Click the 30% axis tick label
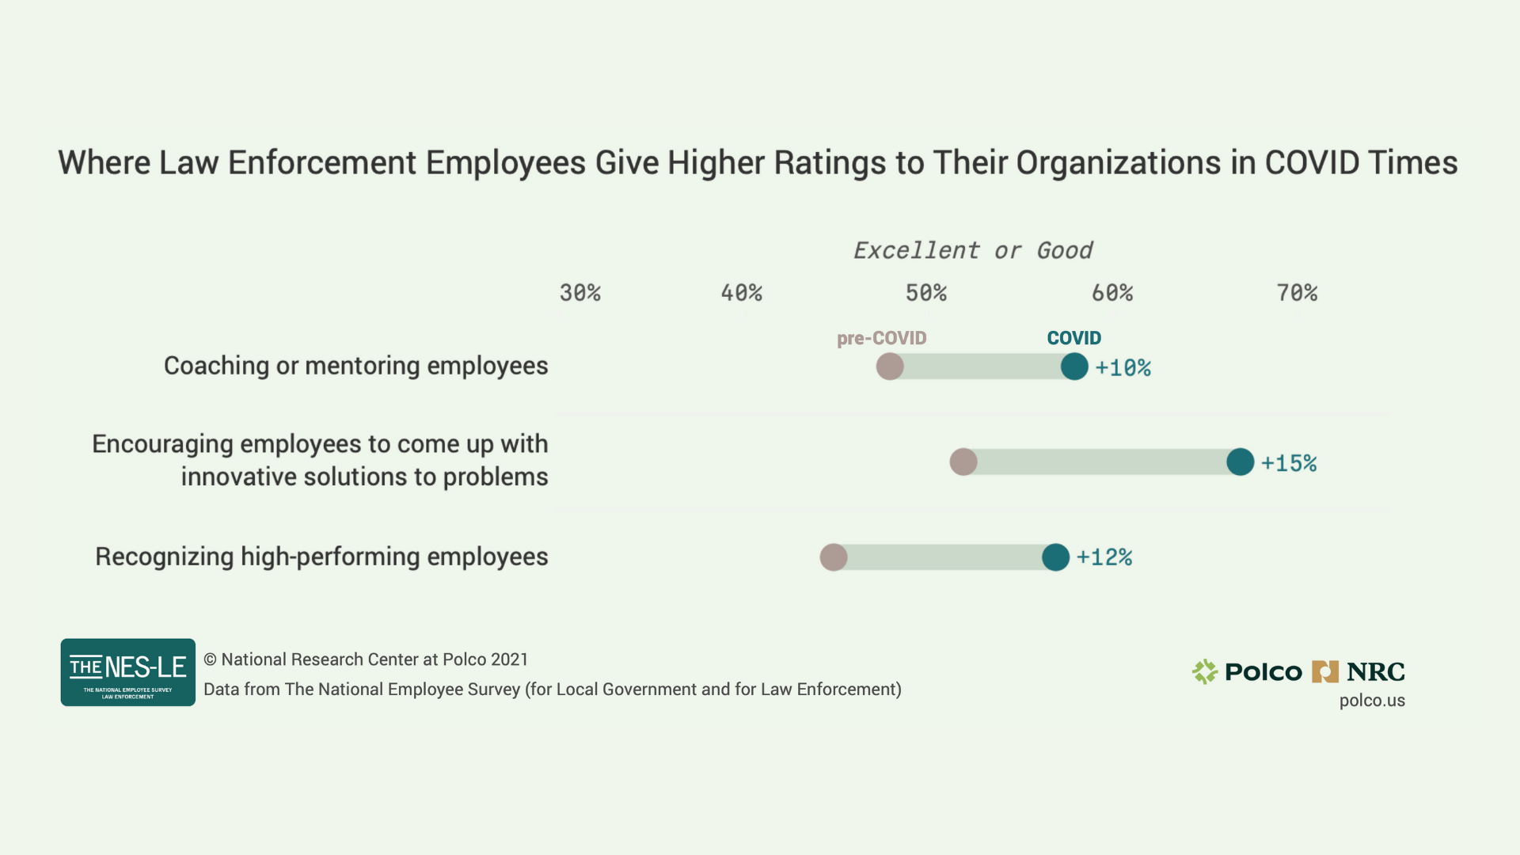pos(579,293)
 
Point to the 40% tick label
pos(741,293)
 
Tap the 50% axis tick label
pos(925,293)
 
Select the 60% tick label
pos(1111,293)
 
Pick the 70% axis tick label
pos(1297,293)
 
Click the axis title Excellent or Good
pos(972,251)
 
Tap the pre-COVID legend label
pos(881,338)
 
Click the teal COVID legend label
pos(1073,338)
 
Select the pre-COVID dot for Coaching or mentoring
pos(890,367)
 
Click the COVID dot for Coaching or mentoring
pos(1074,367)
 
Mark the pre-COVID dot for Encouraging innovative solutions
pos(963,462)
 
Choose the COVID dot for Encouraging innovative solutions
pos(1241,462)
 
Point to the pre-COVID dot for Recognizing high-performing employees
pos(834,557)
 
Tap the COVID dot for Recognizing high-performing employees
pos(1055,557)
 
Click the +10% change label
pos(1123,368)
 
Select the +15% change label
pos(1289,463)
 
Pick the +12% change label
pos(1104,557)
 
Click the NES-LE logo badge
pos(128,672)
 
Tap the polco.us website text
pos(1372,701)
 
